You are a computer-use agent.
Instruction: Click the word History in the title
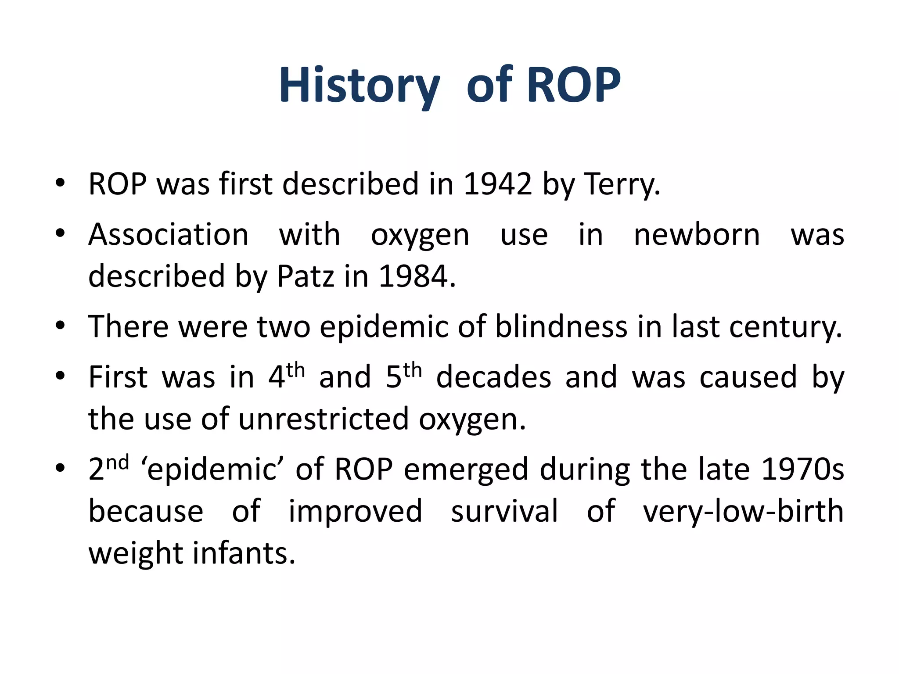pos(359,86)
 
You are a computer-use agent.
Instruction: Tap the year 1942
pos(497,184)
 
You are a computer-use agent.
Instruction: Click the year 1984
pos(417,276)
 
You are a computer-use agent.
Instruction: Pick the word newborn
pos(697,235)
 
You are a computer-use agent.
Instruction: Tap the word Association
pos(169,235)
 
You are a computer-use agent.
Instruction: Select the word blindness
pos(561,326)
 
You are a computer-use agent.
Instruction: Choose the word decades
pos(493,377)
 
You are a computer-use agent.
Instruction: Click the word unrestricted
pos(324,419)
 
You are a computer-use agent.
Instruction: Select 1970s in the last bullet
pos(802,469)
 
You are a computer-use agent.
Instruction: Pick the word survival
pos(504,511)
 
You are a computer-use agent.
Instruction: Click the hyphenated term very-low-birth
pos(743,511)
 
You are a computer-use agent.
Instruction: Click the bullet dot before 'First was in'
pos(61,376)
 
